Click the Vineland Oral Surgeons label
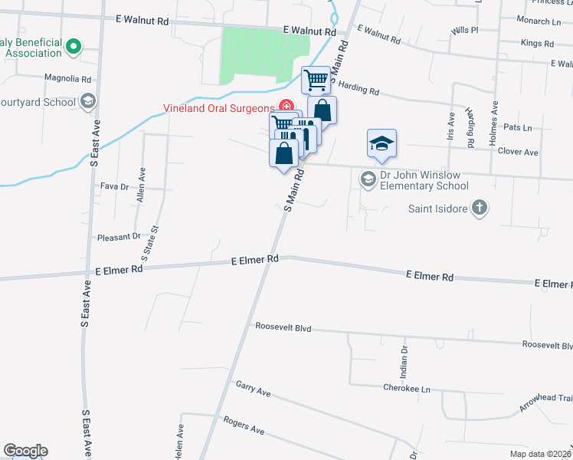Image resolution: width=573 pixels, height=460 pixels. tap(218, 108)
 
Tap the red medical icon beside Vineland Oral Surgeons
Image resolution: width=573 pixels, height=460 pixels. tap(286, 107)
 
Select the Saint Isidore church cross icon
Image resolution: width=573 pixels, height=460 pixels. tap(479, 209)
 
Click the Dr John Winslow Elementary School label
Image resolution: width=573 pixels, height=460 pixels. tap(424, 180)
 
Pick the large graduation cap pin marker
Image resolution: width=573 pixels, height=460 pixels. tap(381, 143)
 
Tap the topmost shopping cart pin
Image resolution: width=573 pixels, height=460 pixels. tap(316, 79)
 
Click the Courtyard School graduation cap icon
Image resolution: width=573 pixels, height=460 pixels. tap(88, 102)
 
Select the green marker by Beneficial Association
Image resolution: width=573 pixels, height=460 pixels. tap(74, 47)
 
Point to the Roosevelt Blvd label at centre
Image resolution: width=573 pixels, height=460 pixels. tap(283, 327)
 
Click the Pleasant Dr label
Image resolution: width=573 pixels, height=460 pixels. tap(120, 238)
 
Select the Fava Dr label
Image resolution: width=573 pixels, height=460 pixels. tap(113, 186)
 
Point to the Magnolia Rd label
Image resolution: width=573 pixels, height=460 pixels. tap(68, 78)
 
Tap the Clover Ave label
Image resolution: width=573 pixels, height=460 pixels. tap(518, 153)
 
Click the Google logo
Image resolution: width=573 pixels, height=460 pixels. tap(25, 451)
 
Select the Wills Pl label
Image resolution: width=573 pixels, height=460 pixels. tap(465, 30)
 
